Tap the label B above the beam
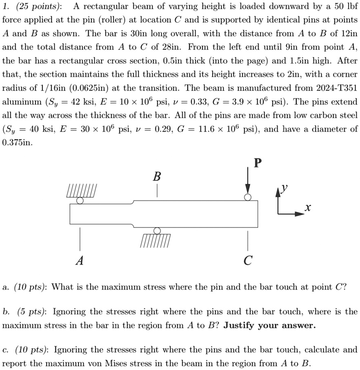[x=157, y=177]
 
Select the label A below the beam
[x=80, y=260]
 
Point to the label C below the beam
[x=247, y=260]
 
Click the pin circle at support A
[x=80, y=201]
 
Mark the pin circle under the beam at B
[x=157, y=231]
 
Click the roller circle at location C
[x=247, y=197]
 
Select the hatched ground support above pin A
[x=82, y=192]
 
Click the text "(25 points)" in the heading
[x=40, y=6]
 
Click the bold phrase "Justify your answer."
[x=270, y=325]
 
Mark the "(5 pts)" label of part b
[x=29, y=312]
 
